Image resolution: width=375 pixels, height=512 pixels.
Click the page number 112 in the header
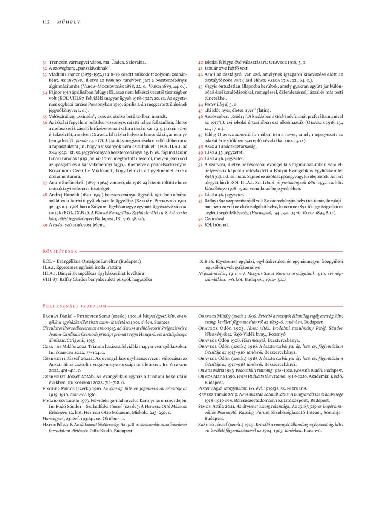click(46, 22)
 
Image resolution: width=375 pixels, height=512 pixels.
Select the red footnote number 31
click(45, 62)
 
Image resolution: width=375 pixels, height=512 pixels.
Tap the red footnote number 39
click(45, 225)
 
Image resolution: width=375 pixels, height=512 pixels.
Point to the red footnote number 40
click(201, 62)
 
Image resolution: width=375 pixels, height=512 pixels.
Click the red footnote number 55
click(201, 225)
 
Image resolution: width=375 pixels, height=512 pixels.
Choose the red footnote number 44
click(201, 104)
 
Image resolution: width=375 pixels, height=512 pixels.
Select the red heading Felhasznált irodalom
click(75, 305)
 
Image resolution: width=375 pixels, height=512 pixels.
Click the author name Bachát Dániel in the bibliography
click(58, 316)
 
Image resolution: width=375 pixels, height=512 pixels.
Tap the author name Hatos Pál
click(54, 431)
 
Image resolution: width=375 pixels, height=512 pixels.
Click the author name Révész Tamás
click(215, 396)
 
